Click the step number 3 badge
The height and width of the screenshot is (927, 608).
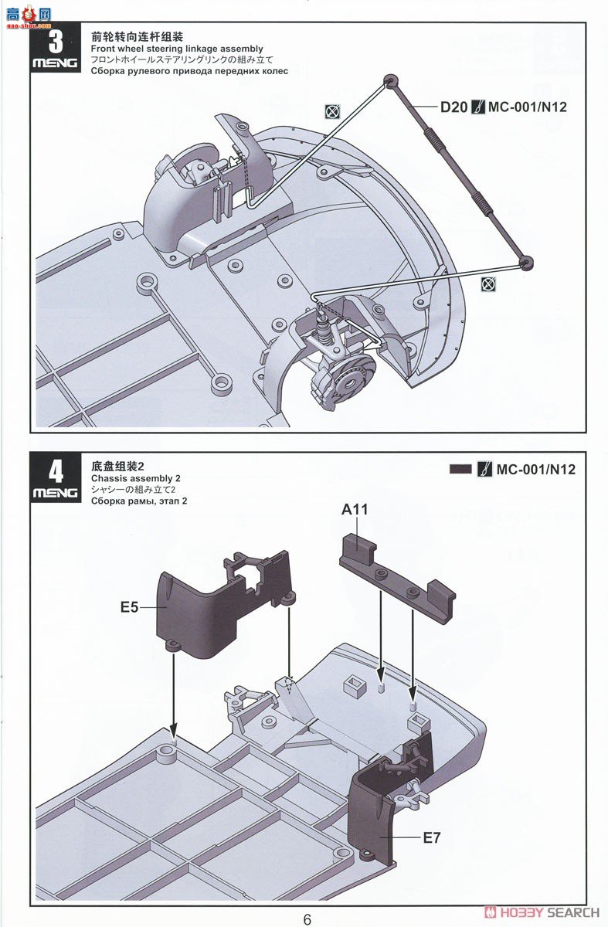point(55,41)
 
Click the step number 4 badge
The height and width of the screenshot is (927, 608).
point(55,472)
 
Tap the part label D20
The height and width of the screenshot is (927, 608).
point(453,107)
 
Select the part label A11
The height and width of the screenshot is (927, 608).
point(355,510)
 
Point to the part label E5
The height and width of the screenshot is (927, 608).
point(130,607)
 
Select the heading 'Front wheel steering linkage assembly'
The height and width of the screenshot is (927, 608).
point(176,49)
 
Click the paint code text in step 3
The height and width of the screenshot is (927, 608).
point(528,107)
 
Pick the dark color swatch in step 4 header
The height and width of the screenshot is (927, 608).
point(460,469)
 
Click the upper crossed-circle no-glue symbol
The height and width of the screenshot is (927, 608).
point(332,112)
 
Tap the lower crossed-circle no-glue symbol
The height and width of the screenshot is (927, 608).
point(487,284)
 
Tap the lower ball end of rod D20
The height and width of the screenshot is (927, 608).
point(525,263)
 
